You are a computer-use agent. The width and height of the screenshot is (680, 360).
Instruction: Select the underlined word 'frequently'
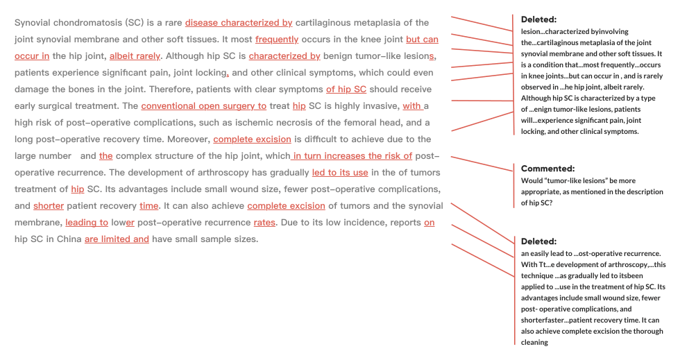[x=277, y=40]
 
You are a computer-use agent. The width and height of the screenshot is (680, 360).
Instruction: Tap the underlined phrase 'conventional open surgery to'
[x=203, y=106]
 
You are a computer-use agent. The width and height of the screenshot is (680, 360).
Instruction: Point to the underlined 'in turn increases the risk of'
[x=352, y=156]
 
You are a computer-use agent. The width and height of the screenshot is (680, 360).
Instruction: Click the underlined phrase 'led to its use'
[x=340, y=173]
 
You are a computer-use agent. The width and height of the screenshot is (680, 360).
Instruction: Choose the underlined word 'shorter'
[x=49, y=206]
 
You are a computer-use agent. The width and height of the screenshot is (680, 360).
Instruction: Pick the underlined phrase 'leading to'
[x=87, y=223]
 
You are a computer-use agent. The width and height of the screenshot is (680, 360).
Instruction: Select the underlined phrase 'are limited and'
[x=117, y=239]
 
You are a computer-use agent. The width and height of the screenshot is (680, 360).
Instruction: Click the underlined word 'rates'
[x=264, y=223]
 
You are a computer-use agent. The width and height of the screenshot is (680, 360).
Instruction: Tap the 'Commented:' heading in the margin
[x=547, y=169]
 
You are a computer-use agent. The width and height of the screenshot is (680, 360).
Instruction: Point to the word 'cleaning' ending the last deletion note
[x=534, y=342]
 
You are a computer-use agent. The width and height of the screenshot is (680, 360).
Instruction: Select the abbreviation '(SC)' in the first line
[x=135, y=23]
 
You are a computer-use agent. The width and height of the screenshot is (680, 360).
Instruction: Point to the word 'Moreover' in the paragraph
[x=187, y=139]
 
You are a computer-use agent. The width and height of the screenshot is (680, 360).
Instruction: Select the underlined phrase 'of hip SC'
[x=346, y=89]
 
